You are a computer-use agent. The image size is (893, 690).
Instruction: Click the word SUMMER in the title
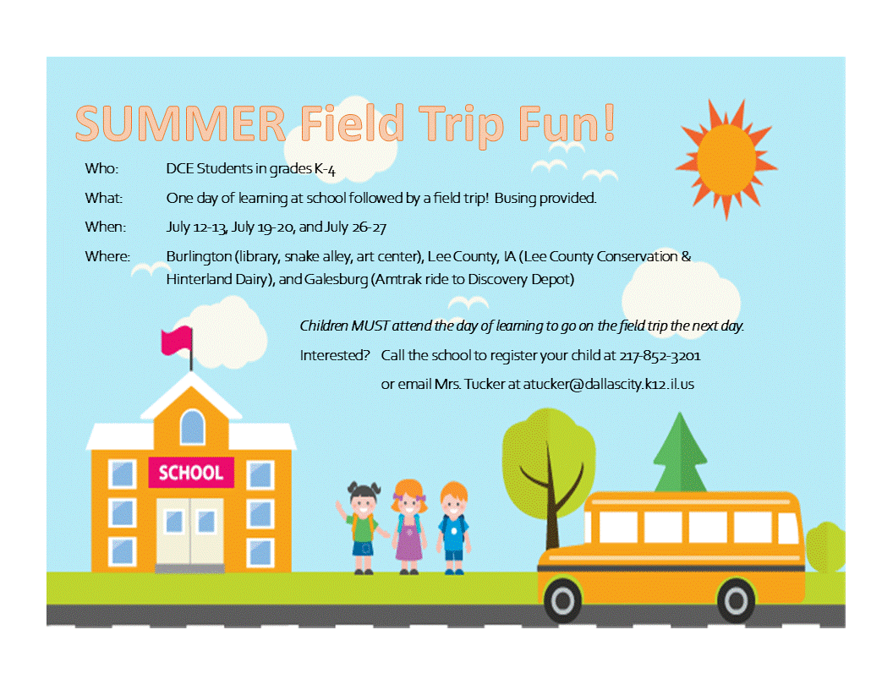[180, 123]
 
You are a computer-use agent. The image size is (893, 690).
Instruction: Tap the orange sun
[726, 160]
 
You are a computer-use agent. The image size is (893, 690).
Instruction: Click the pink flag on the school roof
[177, 341]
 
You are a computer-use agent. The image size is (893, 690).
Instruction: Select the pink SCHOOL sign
[191, 472]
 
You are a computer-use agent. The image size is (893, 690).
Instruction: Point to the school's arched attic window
[192, 426]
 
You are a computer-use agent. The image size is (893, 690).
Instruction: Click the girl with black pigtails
[363, 527]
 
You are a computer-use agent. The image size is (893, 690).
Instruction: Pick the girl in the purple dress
[408, 527]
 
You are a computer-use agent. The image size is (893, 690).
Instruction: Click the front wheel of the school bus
[562, 600]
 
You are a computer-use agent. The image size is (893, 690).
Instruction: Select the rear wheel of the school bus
[735, 600]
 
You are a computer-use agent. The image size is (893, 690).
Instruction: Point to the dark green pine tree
[679, 452]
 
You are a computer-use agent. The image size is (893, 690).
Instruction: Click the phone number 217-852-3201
[660, 356]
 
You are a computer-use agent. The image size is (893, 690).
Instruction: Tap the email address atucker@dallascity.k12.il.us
[608, 384]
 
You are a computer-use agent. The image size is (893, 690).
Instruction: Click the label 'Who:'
[102, 168]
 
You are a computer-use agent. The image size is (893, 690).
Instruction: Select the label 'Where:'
[107, 256]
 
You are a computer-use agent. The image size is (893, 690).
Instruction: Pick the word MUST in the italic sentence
[370, 326]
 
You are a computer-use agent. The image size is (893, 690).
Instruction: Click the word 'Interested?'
[335, 355]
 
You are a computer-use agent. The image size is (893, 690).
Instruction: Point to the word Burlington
[199, 257]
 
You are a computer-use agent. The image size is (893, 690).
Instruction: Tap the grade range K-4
[325, 169]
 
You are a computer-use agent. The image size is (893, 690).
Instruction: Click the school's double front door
[190, 532]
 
